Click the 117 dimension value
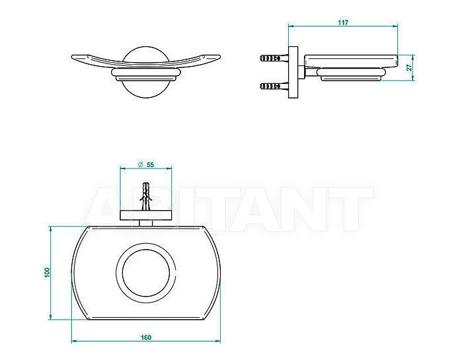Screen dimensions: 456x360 point(343,22)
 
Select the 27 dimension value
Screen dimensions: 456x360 point(409,67)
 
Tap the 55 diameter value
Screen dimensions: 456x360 point(150,164)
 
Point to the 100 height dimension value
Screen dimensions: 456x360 point(47,272)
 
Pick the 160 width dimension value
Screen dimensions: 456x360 point(146,338)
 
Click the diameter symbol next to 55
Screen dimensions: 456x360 point(141,164)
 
